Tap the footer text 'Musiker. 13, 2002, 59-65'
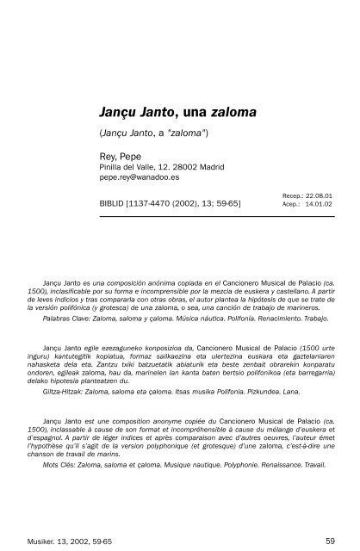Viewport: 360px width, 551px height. pos(61,517)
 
